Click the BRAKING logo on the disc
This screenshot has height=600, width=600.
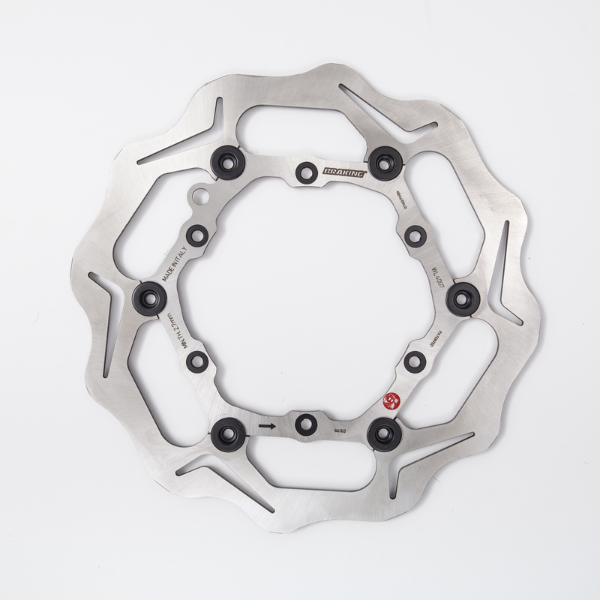click(x=344, y=171)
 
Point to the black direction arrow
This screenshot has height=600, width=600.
click(x=265, y=425)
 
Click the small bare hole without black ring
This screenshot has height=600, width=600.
click(x=199, y=197)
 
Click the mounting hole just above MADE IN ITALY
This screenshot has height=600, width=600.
click(x=196, y=235)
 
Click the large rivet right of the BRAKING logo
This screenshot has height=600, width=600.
click(x=382, y=160)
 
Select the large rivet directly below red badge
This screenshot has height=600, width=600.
click(x=383, y=430)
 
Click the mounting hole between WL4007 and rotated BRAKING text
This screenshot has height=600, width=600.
click(x=415, y=235)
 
